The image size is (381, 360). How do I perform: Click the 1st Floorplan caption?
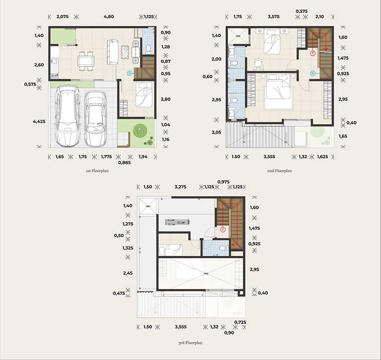point(97,171)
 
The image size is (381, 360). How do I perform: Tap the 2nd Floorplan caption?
point(279,171)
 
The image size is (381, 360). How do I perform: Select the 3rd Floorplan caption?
point(190,343)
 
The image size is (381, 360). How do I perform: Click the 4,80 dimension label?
point(108,16)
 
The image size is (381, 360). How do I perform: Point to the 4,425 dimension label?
point(39,121)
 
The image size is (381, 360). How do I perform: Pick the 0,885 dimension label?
point(124,163)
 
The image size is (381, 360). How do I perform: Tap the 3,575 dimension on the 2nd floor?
point(274,16)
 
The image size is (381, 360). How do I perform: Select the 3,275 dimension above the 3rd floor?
point(180,187)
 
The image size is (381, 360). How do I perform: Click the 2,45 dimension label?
point(128,273)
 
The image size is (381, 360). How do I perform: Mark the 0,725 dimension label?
point(240,322)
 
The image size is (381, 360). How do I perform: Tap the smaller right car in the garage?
point(95,119)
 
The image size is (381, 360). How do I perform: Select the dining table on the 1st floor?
point(86,61)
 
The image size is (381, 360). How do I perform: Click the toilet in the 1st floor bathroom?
point(148,48)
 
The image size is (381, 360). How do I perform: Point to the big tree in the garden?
point(140,131)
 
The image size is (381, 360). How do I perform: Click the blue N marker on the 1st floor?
point(130,73)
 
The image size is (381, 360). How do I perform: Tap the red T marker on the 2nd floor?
point(313,53)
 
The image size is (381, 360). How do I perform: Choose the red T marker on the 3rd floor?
point(223,230)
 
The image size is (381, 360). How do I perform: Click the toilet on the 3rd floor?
point(223,249)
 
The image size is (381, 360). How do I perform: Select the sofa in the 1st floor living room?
point(113,52)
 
